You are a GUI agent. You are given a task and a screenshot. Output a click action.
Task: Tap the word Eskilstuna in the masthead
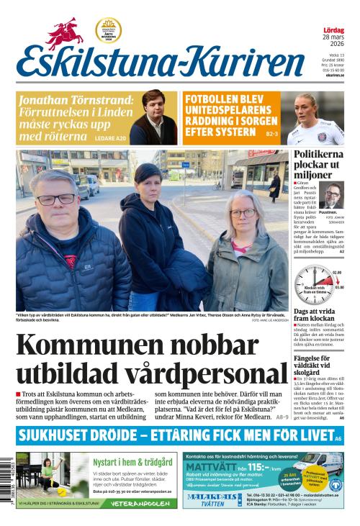point(90,63)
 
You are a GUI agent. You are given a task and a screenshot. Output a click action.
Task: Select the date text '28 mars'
point(333,37)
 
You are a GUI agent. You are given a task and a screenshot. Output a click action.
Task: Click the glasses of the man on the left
point(57,199)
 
